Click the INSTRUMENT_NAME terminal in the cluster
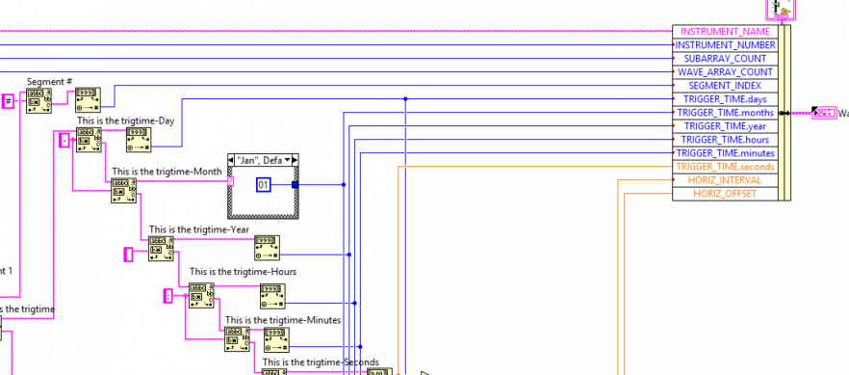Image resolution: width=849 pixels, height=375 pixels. tap(725, 31)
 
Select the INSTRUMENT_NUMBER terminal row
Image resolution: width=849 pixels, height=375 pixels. tap(725, 44)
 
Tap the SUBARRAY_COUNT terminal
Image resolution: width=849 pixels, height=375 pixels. tap(725, 58)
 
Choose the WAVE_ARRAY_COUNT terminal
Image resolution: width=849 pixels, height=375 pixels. tap(725, 71)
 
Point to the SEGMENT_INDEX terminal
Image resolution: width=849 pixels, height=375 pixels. tap(725, 85)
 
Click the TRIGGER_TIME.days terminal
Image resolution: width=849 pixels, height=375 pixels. tap(725, 98)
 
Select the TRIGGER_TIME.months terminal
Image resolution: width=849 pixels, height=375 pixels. tap(725, 112)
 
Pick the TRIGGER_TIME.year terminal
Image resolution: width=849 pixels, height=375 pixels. tap(725, 125)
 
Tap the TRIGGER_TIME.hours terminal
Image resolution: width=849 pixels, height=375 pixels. tap(725, 139)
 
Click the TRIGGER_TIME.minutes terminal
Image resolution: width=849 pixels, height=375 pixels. tap(725, 152)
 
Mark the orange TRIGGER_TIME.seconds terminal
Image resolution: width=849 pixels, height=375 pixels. tap(725, 166)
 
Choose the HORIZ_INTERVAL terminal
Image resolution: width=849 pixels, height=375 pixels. tap(725, 179)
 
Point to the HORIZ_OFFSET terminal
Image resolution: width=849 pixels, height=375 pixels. tap(725, 193)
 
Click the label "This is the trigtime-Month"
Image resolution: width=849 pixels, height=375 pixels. tap(167, 172)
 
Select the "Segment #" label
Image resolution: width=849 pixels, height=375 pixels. tap(50, 82)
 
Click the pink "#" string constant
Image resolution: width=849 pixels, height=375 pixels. tap(8, 100)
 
